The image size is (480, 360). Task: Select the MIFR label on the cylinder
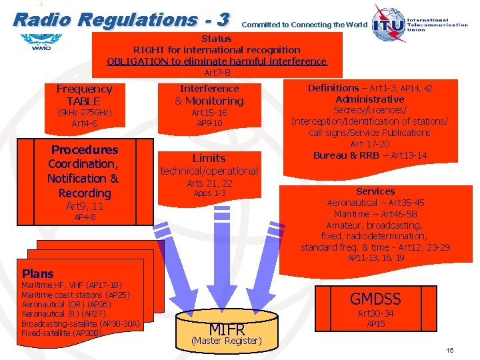click(x=227, y=329)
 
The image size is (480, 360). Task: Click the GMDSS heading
click(x=375, y=298)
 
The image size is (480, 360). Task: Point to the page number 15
click(x=450, y=350)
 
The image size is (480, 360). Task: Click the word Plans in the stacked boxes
click(x=37, y=273)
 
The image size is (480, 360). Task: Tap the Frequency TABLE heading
click(x=84, y=95)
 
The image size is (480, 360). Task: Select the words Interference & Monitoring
click(x=209, y=95)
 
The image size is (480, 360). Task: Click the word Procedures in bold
click(x=85, y=150)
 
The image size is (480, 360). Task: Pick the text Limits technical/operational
click(x=209, y=165)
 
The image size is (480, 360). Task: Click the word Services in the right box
click(x=375, y=191)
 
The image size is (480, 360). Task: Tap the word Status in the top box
click(x=217, y=39)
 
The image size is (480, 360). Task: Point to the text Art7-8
click(x=217, y=72)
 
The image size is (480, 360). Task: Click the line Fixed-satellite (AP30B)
click(x=62, y=332)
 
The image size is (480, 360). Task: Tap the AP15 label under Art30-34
click(x=376, y=324)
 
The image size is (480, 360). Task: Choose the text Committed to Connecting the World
click(x=304, y=25)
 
